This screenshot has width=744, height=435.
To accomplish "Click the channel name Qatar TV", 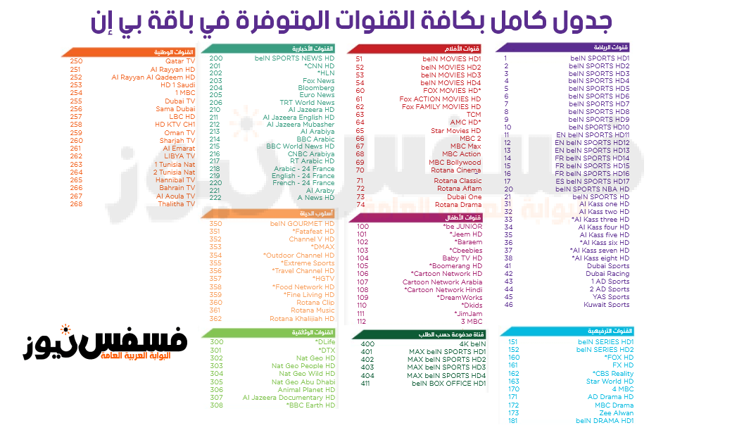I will coord(180,61).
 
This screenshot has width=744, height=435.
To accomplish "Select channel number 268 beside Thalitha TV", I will coord(76,204).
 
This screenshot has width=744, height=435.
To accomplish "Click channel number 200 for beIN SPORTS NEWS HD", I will coord(216,58).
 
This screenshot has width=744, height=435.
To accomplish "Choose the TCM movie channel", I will coord(474,115).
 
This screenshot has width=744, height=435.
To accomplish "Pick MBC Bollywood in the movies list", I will coord(455,163).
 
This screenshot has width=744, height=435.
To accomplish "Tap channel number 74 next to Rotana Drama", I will coord(360,205).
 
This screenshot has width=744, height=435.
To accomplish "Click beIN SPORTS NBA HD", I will coord(592,189).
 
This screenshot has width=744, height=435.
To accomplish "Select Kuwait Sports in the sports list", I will coord(606,305).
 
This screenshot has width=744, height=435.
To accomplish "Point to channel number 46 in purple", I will coord(509,305).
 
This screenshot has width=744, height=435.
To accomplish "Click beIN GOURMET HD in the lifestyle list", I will coord(302,224).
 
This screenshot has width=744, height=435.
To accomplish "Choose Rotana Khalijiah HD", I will coord(302,319).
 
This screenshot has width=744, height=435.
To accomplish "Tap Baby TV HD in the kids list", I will coord(462,258).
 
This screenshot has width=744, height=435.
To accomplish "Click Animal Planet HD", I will coord(306,390).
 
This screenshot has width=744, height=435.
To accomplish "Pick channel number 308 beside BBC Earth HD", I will coord(216,405).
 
